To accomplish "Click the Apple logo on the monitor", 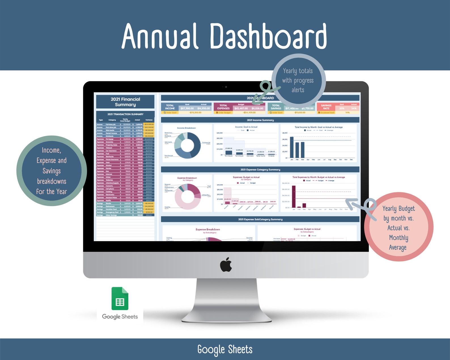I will point(226,265).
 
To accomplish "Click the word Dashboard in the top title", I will point(268,36).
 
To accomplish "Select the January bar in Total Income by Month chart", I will point(292,147).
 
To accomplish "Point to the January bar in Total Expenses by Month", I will point(294,196).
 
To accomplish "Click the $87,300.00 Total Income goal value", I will point(187,108).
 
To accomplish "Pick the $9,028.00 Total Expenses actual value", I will point(257,108).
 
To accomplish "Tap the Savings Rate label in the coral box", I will point(326,107).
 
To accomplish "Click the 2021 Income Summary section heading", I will point(260,120).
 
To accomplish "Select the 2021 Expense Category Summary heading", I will point(260,170).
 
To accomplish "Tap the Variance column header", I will point(149,120).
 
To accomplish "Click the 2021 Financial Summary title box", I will point(125,102).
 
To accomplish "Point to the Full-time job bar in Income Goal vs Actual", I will point(229,153).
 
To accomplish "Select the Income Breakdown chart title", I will point(186,128).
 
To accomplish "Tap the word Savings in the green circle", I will point(52,171).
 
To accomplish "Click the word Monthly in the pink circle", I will point(398,238).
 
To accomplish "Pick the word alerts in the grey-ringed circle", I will point(298,90).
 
